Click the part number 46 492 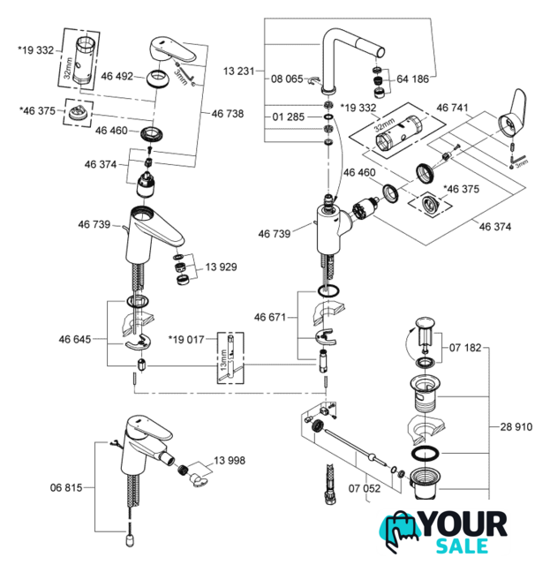(x=117, y=77)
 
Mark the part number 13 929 (x=222, y=266)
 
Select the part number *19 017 (x=187, y=338)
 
